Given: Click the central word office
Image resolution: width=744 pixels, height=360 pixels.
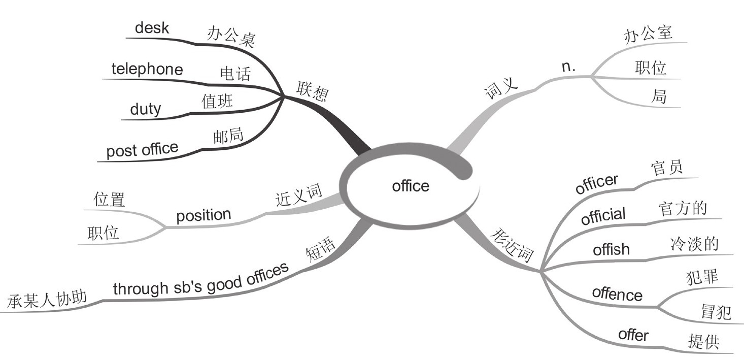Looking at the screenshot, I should pos(411,186).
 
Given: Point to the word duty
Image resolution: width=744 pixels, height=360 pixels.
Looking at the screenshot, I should pos(145,109).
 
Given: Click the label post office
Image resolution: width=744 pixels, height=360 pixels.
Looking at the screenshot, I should pos(142,150).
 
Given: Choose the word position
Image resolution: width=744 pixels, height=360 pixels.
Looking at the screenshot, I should pos(204,215).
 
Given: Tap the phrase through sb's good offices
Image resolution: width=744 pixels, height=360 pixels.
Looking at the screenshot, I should pos(201,280).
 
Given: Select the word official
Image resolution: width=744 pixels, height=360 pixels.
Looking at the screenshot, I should pos(603,216).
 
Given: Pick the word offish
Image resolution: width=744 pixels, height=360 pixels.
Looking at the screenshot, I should pos(611,250).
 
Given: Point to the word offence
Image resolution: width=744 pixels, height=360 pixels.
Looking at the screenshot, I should pos(617,294).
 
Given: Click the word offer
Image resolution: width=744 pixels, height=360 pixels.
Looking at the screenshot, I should pos(633,335).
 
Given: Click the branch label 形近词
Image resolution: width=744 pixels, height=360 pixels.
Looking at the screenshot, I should pos(514,244).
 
